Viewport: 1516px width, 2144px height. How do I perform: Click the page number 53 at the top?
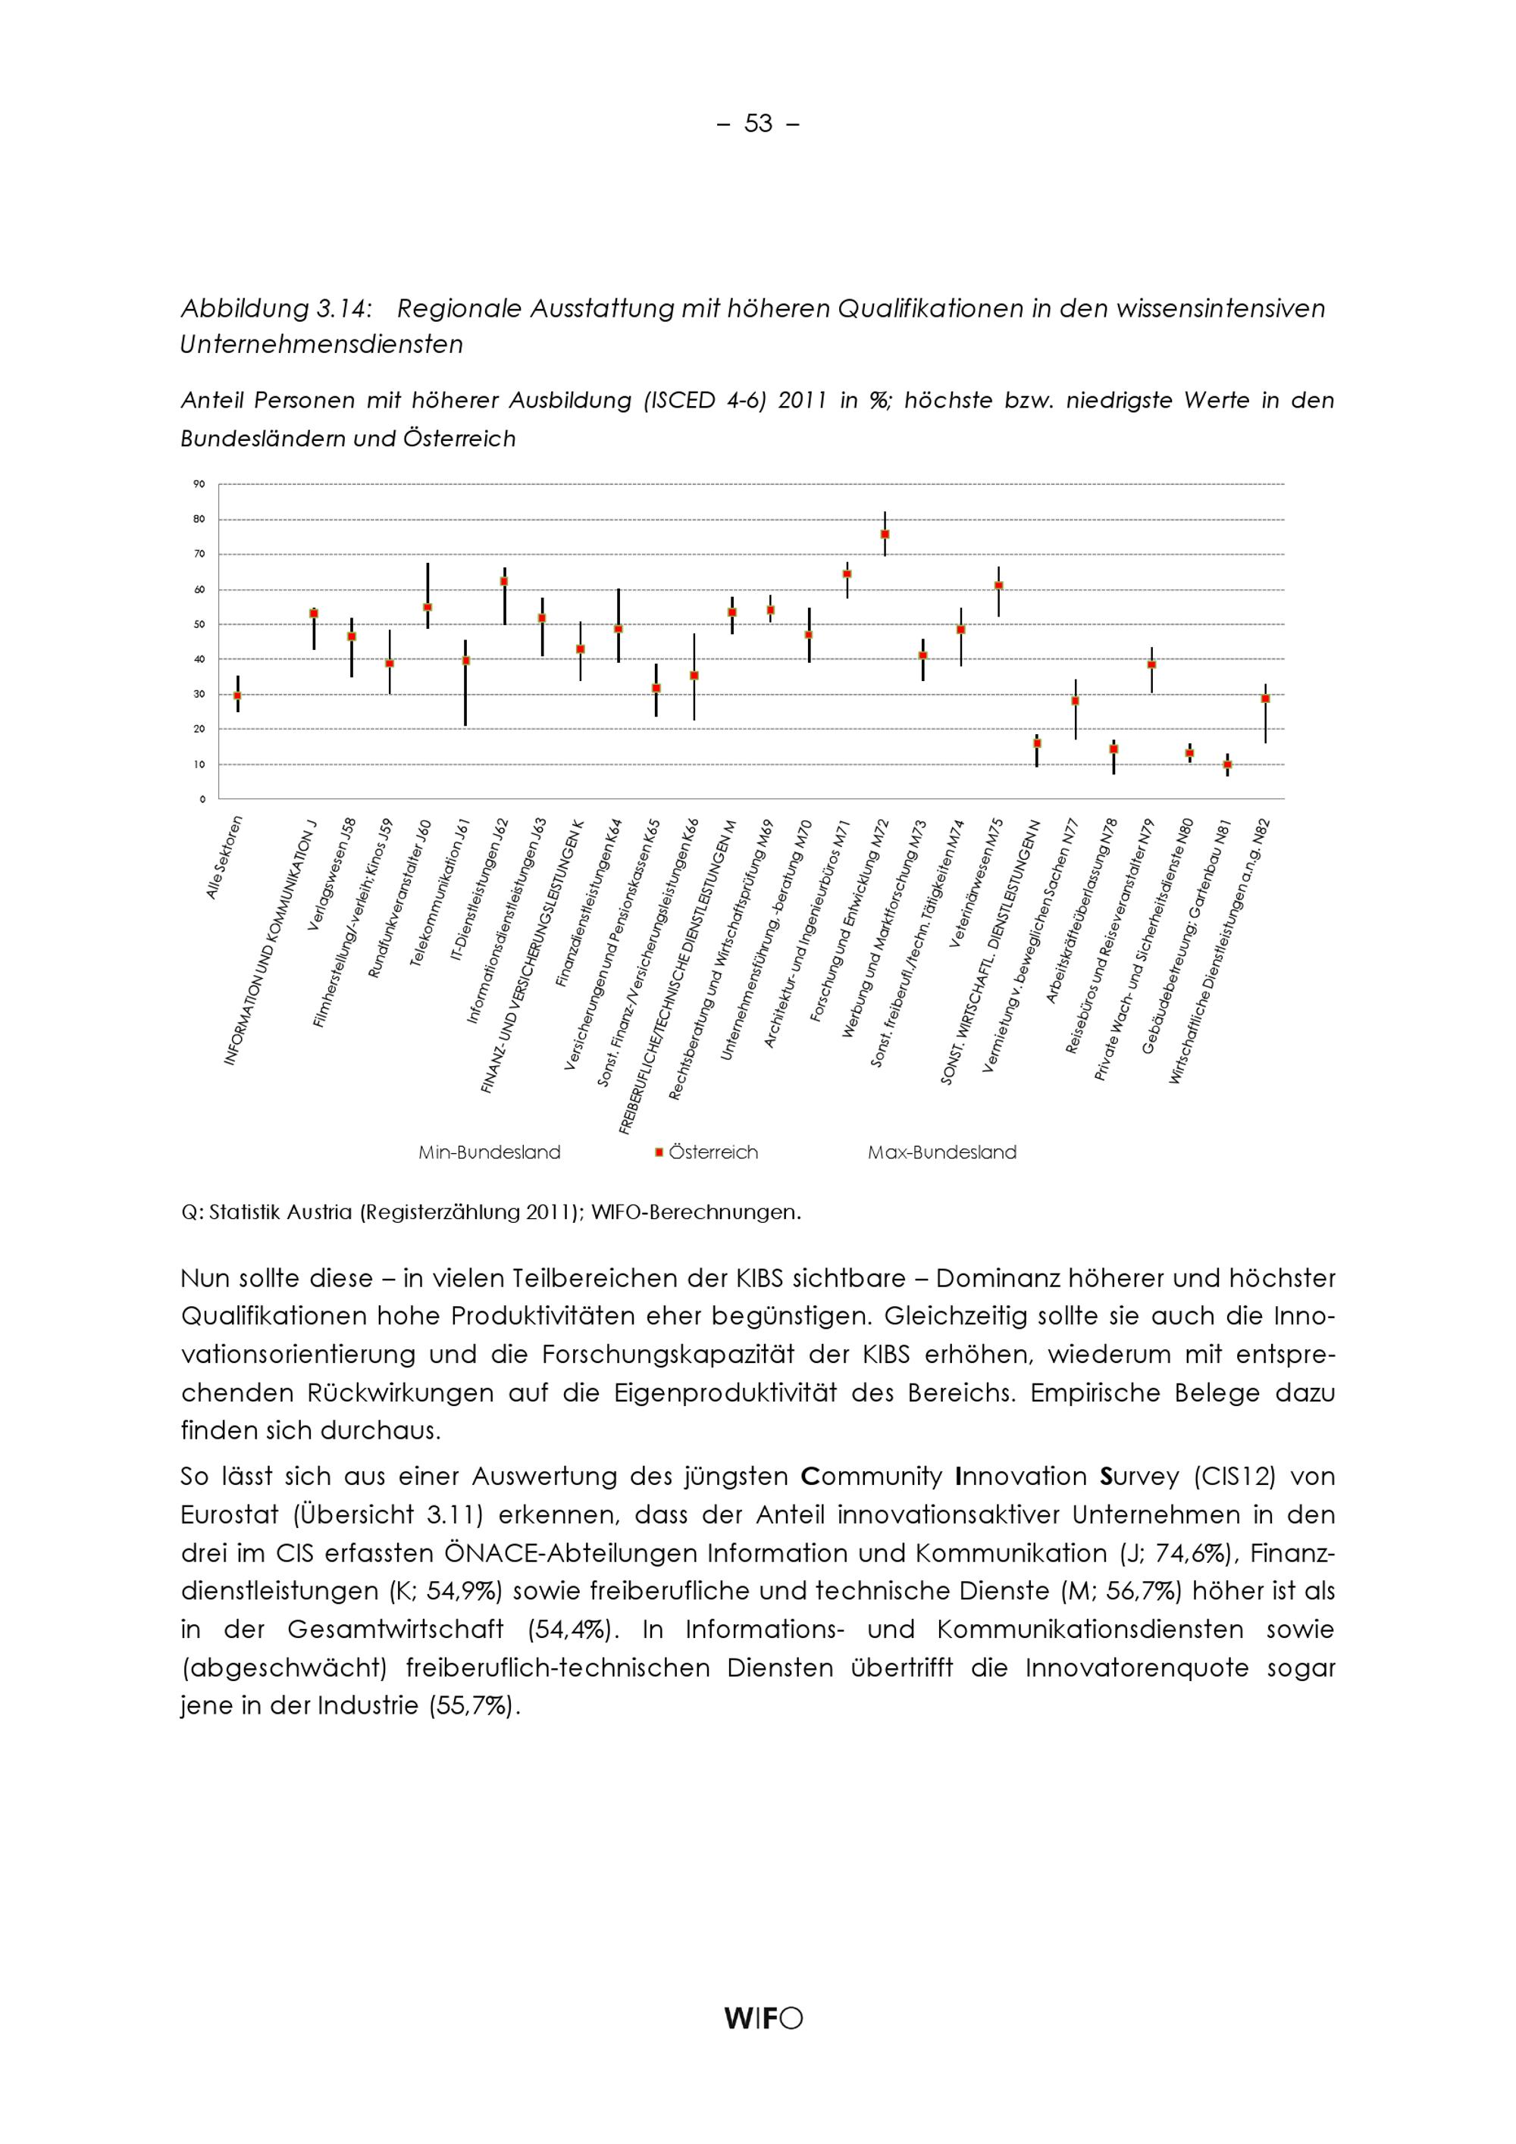point(757,123)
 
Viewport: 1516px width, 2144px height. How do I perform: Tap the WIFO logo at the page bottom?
point(763,2019)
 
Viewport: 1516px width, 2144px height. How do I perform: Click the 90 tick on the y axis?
point(199,483)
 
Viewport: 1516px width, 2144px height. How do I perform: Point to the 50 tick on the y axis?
point(199,624)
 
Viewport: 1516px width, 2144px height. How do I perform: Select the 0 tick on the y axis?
point(202,799)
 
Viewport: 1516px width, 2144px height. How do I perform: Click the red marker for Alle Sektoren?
point(237,695)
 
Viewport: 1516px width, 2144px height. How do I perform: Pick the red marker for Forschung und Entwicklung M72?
point(885,534)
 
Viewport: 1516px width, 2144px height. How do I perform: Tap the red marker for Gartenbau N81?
point(1227,764)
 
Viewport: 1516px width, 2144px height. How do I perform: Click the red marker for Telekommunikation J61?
point(465,660)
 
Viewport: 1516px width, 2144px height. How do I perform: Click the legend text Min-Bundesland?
point(490,1152)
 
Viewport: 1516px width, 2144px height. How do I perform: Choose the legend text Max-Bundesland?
point(941,1152)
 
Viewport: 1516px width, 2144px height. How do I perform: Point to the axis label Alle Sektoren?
point(225,858)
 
